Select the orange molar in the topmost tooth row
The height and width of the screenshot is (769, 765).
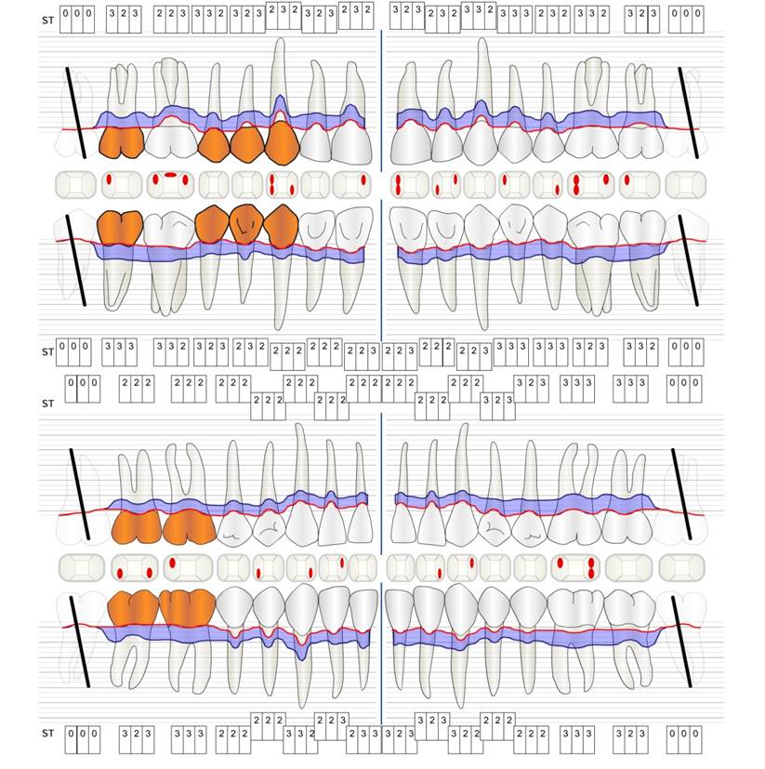click(x=121, y=141)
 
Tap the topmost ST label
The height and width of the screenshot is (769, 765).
click(x=47, y=20)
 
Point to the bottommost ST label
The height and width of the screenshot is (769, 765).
click(x=47, y=734)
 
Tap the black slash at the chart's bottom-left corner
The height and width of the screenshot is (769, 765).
click(x=80, y=642)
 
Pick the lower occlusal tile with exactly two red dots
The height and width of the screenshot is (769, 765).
click(x=134, y=567)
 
